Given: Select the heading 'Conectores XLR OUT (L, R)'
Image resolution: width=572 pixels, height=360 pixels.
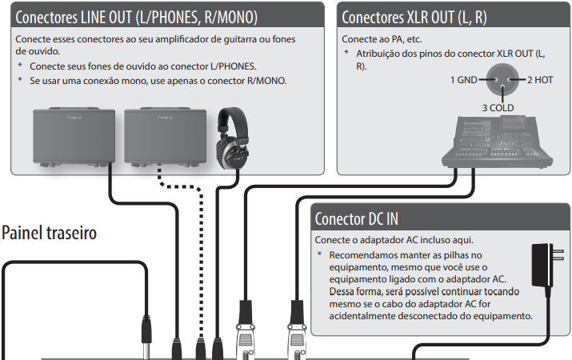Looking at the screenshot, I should (414, 16).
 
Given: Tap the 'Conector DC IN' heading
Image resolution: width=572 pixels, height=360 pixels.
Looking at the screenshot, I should (356, 218).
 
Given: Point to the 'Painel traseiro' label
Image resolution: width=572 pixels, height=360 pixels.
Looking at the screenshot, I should (49, 233).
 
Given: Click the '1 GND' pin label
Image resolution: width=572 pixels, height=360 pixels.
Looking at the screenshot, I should (463, 79).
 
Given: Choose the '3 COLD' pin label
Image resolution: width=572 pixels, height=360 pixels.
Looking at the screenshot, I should (497, 107).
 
